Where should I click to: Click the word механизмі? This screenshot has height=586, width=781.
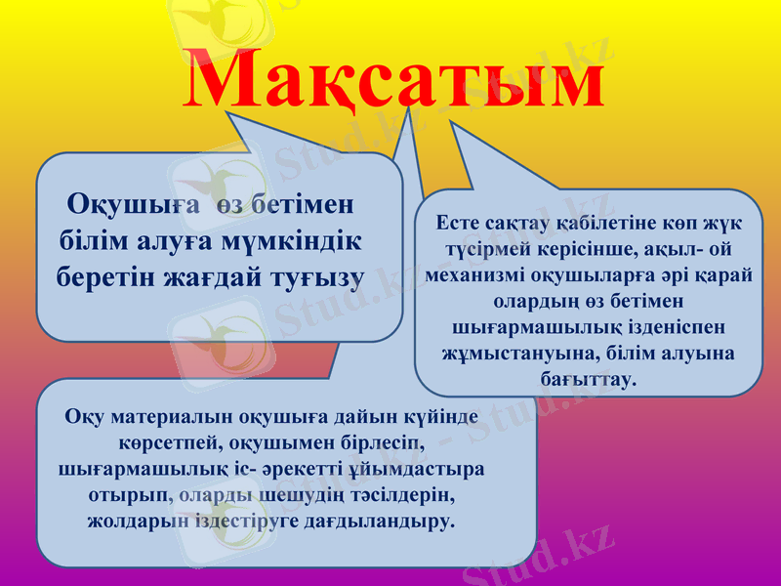point(482,274)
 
